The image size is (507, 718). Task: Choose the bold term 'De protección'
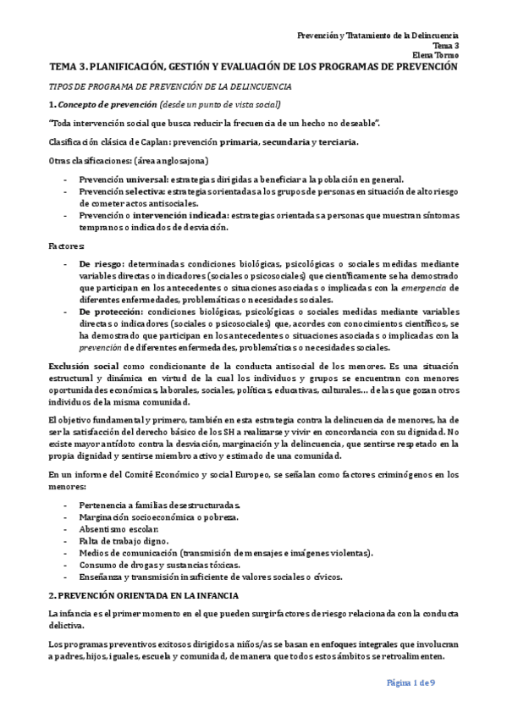coord(109,312)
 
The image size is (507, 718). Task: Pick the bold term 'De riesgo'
coord(102,265)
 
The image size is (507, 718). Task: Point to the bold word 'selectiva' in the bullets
coord(147,191)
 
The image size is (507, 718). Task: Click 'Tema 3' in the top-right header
coord(445,46)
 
